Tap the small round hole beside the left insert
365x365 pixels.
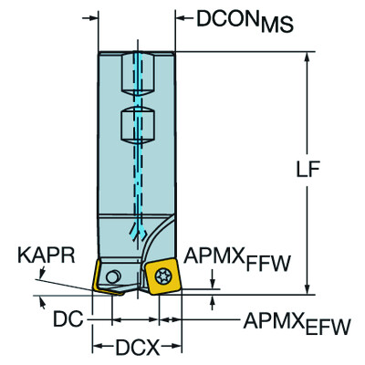(112, 277)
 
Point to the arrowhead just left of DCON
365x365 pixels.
(166, 17)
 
